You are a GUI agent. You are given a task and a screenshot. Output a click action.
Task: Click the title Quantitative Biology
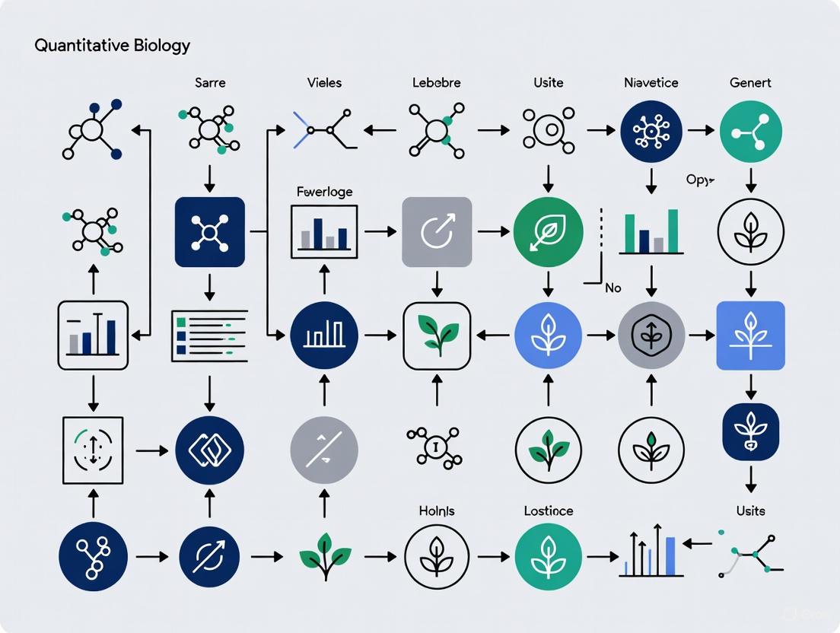(x=112, y=45)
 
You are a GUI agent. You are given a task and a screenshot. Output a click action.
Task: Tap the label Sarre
(x=209, y=82)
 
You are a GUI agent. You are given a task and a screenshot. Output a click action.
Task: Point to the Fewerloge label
(x=324, y=192)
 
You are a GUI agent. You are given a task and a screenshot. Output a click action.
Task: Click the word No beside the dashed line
(x=612, y=288)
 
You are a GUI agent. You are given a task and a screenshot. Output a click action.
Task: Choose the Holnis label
(x=437, y=511)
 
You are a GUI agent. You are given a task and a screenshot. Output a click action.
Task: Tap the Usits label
(x=750, y=511)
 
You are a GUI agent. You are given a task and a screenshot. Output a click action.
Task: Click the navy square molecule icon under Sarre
(x=209, y=232)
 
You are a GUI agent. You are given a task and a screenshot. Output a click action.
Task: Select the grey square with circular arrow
(x=437, y=232)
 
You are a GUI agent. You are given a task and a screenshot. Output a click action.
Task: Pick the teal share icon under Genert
(x=750, y=132)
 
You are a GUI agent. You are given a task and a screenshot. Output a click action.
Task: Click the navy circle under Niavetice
(x=651, y=132)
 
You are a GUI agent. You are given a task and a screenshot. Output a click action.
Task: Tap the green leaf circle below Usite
(x=548, y=231)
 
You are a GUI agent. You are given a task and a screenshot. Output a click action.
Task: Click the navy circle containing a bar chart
(x=324, y=336)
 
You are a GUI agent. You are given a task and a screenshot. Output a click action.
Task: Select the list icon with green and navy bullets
(x=209, y=335)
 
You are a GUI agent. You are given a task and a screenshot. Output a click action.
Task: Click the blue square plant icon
(x=750, y=336)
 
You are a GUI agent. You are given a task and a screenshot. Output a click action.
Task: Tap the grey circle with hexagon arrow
(x=651, y=336)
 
